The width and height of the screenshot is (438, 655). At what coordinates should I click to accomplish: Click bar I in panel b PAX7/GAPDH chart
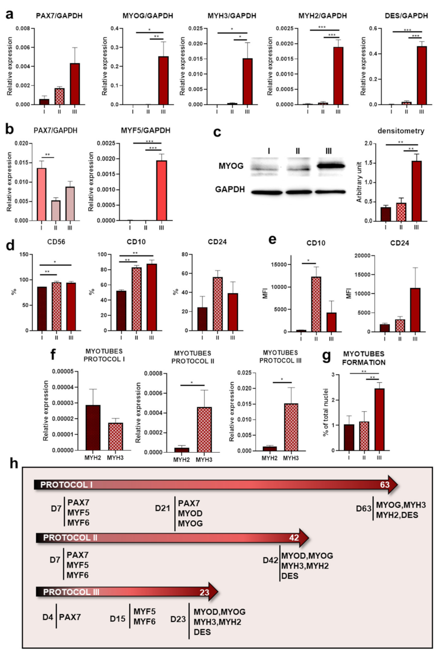tap(40, 194)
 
